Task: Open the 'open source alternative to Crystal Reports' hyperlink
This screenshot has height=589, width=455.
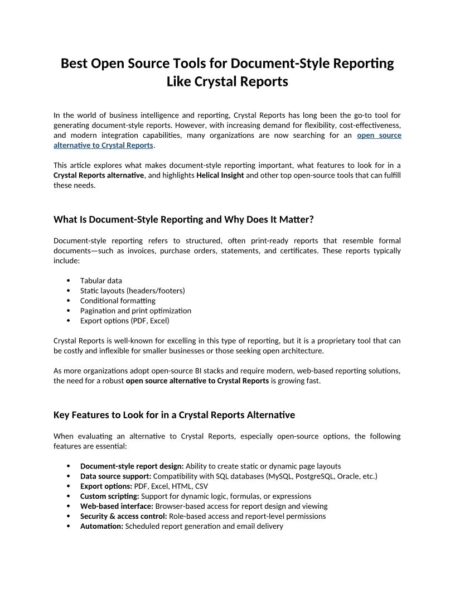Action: pos(103,145)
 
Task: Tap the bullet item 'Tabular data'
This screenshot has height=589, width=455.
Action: pos(101,281)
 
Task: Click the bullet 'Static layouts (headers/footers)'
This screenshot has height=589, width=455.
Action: pos(132,291)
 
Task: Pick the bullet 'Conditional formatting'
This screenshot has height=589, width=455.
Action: pos(118,301)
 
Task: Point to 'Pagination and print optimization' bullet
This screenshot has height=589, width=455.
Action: pos(135,311)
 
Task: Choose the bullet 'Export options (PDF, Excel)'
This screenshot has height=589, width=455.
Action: pos(124,321)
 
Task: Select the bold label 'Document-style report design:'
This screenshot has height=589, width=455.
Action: pos(132,466)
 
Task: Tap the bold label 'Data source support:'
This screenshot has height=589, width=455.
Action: pos(115,476)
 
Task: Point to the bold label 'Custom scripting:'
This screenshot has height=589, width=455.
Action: pos(110,496)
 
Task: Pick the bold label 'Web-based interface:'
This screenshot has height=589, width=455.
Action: pos(117,506)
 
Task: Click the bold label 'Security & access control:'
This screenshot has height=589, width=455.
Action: pos(123,516)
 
